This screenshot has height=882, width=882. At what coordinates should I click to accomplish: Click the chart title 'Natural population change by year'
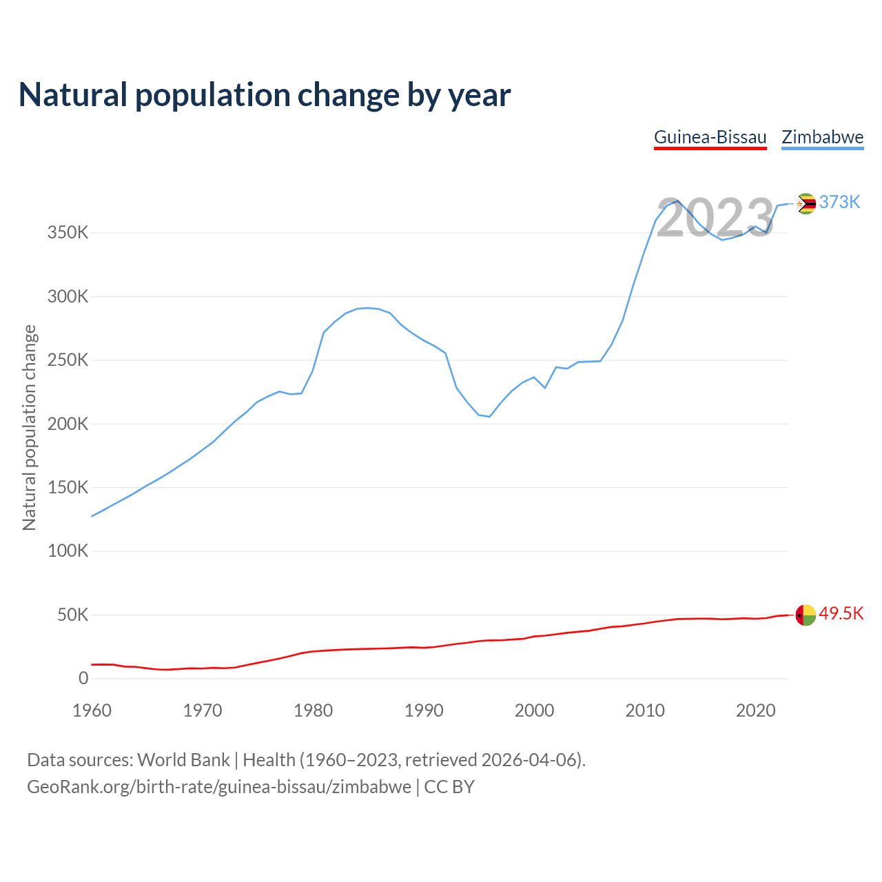(x=265, y=95)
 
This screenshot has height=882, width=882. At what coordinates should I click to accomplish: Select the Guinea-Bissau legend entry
(x=710, y=137)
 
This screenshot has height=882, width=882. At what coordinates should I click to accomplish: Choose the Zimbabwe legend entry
(x=822, y=137)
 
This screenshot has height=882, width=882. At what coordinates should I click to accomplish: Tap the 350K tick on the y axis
(x=68, y=233)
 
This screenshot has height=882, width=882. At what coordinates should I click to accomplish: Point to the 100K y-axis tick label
(x=68, y=551)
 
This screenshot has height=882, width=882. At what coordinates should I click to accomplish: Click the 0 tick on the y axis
(x=83, y=679)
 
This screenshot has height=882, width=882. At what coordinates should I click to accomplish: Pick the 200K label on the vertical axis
(x=68, y=424)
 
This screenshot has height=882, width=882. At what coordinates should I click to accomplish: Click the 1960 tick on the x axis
(x=92, y=710)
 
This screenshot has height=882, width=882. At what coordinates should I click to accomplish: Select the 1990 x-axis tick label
(x=424, y=710)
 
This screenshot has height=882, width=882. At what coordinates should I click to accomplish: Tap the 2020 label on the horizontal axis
(x=756, y=710)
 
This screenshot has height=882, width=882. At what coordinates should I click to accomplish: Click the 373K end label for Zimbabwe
(x=839, y=202)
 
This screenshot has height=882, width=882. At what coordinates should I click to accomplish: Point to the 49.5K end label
(x=841, y=614)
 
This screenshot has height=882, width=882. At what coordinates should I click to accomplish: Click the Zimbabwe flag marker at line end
(x=806, y=203)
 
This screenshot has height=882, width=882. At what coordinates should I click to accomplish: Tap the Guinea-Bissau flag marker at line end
(x=806, y=615)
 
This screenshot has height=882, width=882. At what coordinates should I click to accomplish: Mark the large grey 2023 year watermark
(x=715, y=218)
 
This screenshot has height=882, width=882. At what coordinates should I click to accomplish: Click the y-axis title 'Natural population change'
(x=30, y=427)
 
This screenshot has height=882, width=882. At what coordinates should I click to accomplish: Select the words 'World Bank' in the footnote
(x=183, y=760)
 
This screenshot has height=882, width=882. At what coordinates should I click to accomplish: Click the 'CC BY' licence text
(x=449, y=787)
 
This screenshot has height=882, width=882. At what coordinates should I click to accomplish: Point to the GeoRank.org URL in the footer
(x=219, y=787)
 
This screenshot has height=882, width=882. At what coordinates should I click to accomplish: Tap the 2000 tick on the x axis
(x=535, y=710)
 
